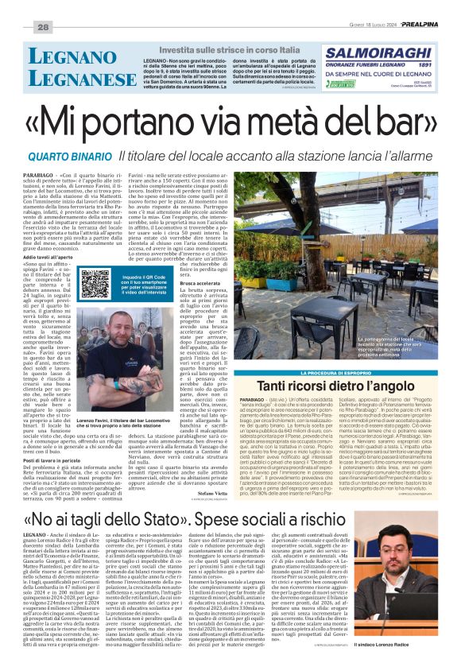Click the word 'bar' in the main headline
point(393,122)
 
